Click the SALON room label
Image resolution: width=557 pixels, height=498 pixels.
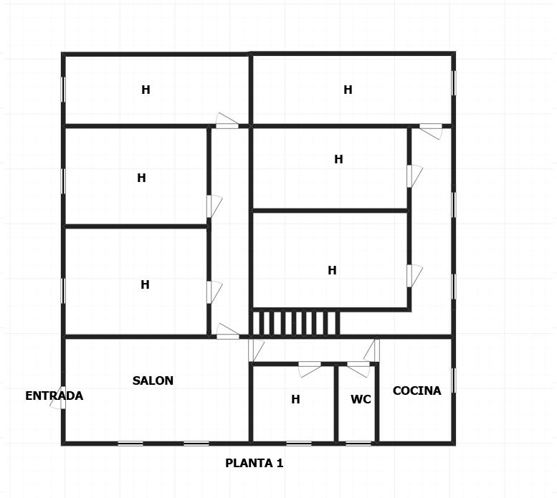coord(153,380)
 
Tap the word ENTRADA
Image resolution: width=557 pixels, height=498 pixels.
coord(54,396)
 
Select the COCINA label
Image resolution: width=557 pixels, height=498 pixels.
coord(416,391)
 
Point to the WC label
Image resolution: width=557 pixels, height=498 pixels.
coord(361,399)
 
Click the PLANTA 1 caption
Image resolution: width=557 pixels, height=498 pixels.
coord(254,463)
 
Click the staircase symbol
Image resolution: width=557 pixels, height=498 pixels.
coord(295,323)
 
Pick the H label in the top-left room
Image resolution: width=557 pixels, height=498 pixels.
coord(146,90)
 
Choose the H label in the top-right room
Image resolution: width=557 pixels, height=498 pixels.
coord(348,90)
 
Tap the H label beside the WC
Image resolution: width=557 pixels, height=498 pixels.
coord(295,399)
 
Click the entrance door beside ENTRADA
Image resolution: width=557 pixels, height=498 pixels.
coord(59,398)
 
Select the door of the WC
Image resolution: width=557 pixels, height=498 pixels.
coord(358,369)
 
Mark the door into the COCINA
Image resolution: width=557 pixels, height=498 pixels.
coord(372,350)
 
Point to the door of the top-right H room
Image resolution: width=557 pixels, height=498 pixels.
coord(431,131)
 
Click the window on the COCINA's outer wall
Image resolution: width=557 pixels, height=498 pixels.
coord(453,380)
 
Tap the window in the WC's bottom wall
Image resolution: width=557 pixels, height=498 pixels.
coord(358,443)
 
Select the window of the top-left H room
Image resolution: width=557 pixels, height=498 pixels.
coord(63,90)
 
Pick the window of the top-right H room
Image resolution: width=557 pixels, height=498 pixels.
coord(453,83)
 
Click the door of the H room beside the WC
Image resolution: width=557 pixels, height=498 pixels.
coord(310,369)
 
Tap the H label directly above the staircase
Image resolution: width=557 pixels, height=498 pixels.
coord(332,270)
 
